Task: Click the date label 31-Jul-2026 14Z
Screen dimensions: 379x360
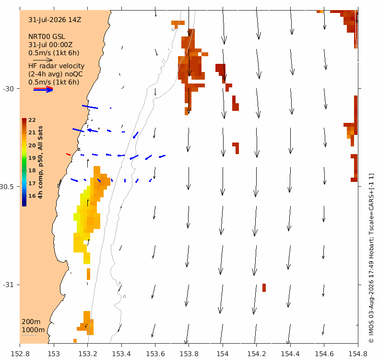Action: pyautogui.click(x=55, y=20)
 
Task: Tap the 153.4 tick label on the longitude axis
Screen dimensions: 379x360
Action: pyautogui.click(x=121, y=354)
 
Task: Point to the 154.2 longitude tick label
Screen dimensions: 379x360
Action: pyautogui.click(x=257, y=354)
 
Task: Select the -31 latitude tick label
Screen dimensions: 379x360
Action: pyautogui.click(x=8, y=285)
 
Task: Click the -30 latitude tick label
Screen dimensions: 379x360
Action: pyautogui.click(x=8, y=89)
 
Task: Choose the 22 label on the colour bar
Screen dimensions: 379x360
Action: pyautogui.click(x=32, y=120)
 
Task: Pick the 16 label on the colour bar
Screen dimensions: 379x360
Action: pyautogui.click(x=32, y=196)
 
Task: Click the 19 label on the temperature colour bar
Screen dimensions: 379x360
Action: pyautogui.click(x=32, y=158)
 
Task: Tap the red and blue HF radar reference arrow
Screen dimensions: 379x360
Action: pyautogui.click(x=43, y=89)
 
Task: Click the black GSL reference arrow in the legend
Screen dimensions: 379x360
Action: pyautogui.click(x=43, y=60)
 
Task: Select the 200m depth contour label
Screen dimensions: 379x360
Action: pyautogui.click(x=31, y=322)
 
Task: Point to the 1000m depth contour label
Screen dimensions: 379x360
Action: pyautogui.click(x=34, y=330)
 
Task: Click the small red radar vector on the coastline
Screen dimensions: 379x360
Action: pyautogui.click(x=69, y=154)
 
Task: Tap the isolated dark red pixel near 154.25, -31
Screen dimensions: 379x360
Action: pyautogui.click(x=264, y=288)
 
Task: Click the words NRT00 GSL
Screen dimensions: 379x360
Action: pyautogui.click(x=47, y=37)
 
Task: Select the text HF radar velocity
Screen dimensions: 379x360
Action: pyautogui.click(x=56, y=66)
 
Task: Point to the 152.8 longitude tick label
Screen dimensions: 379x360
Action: pyautogui.click(x=20, y=354)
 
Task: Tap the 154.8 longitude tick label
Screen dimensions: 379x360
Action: pyautogui.click(x=358, y=354)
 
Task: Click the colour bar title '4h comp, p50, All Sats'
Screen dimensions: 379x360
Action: pyautogui.click(x=40, y=162)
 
